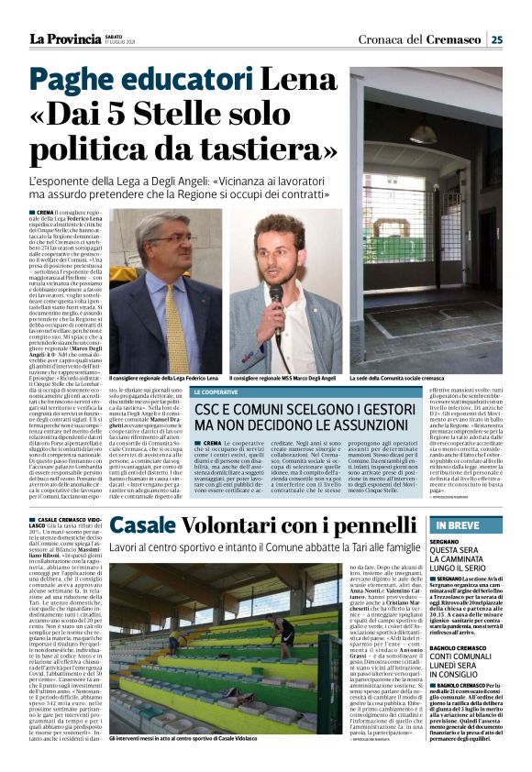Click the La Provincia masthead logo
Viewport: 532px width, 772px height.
[62, 39]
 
